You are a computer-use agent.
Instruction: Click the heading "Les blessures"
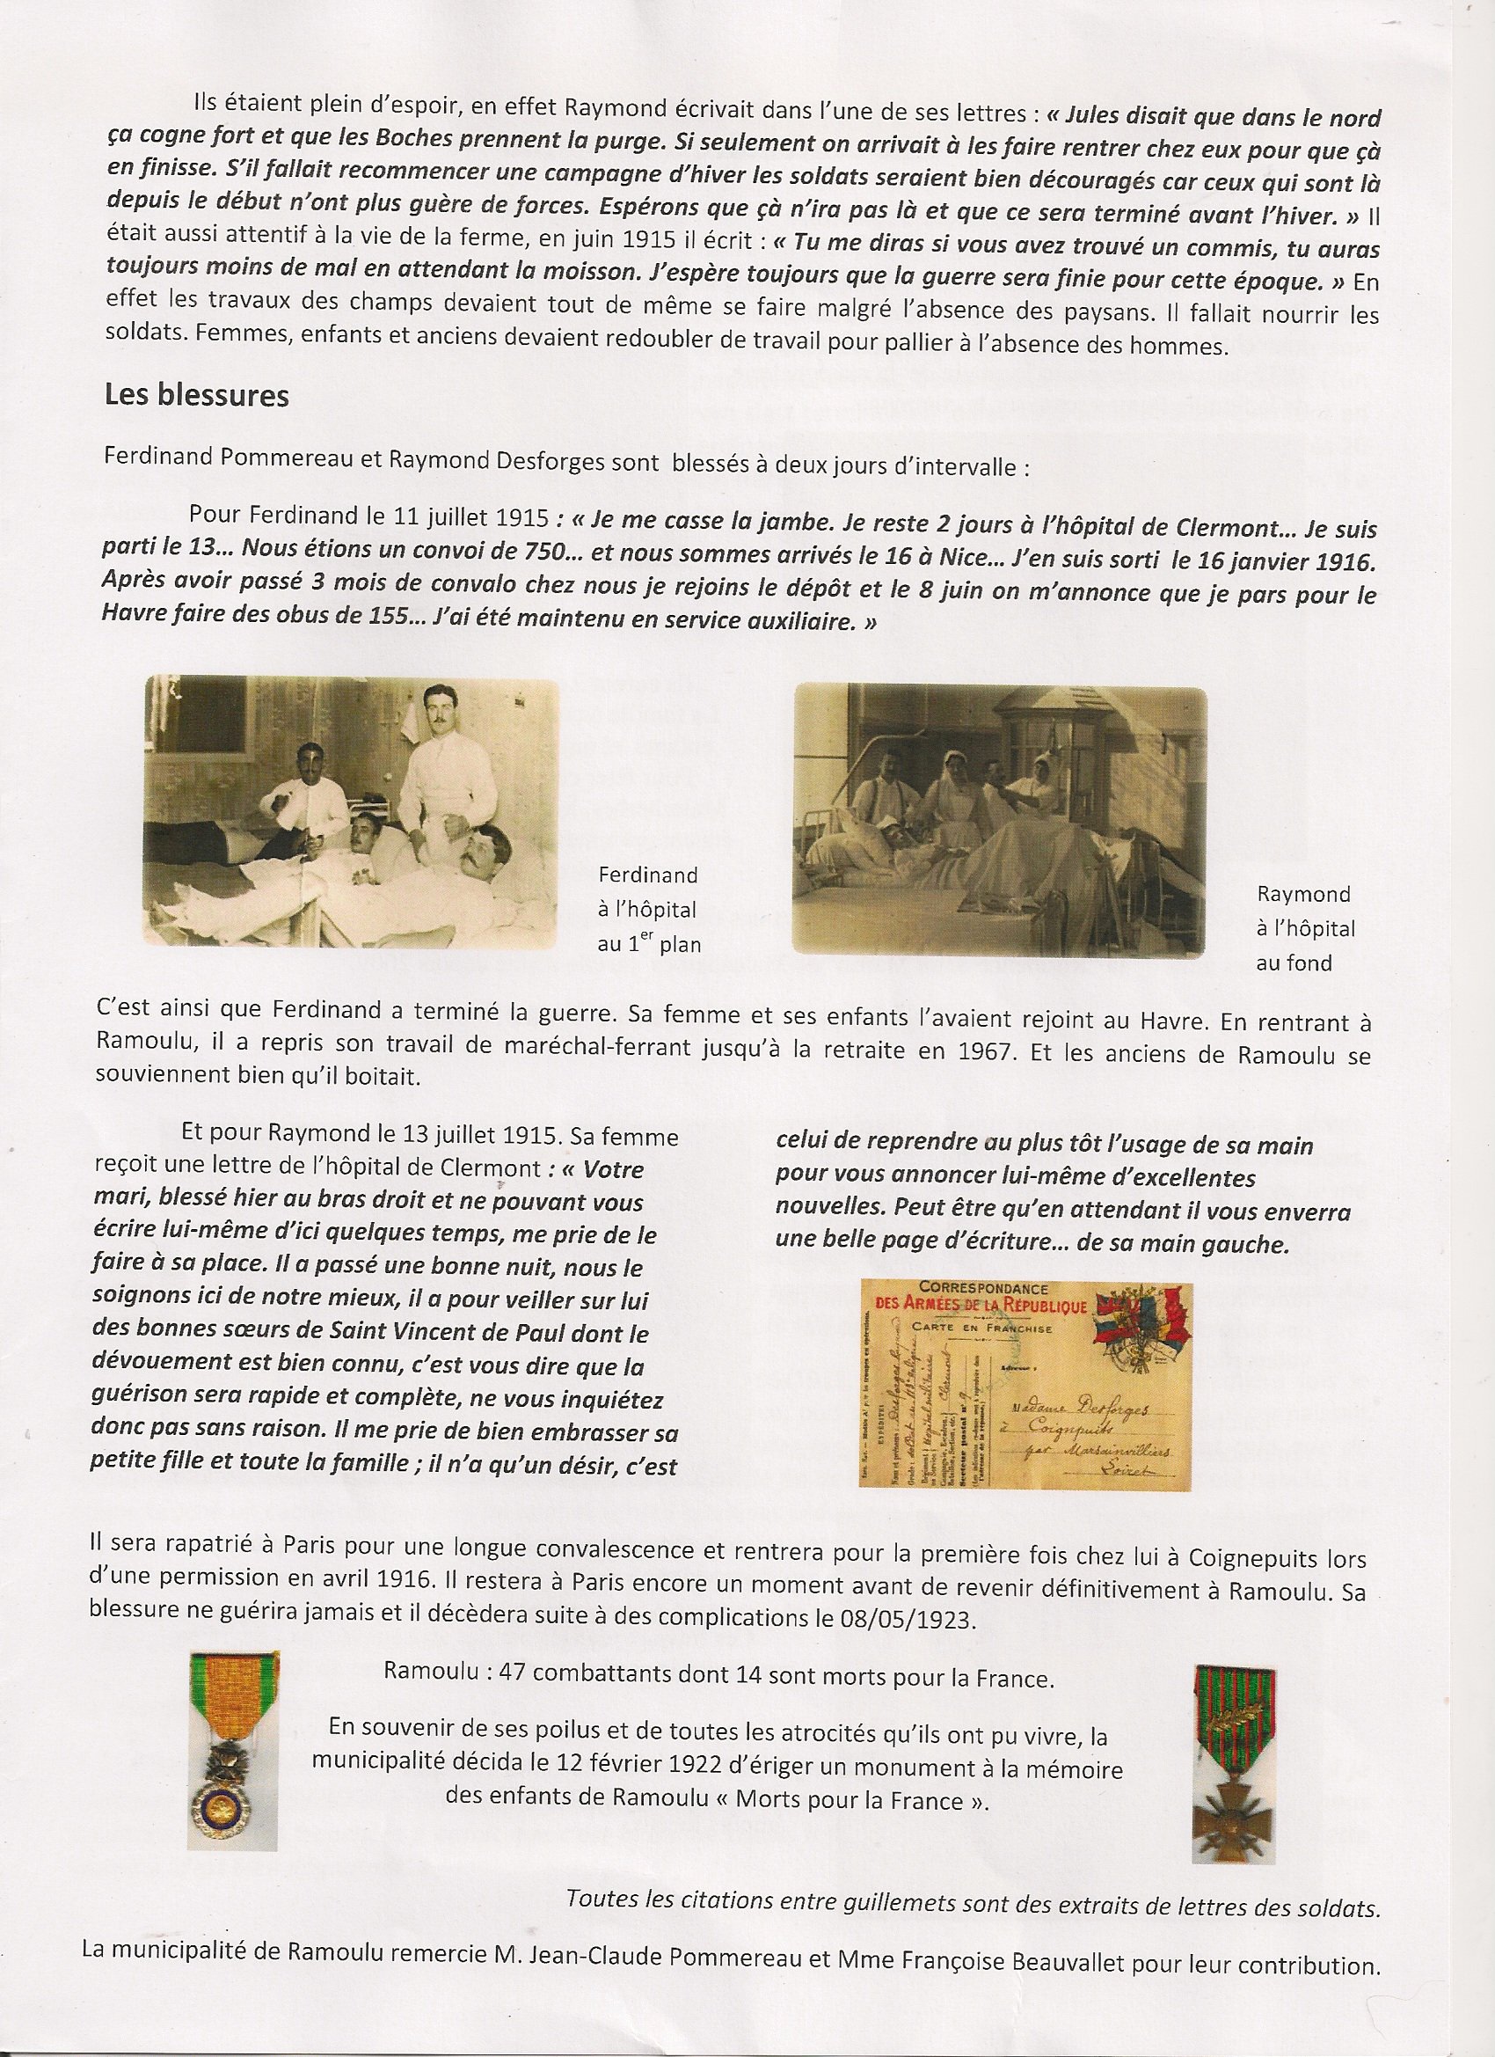click(196, 396)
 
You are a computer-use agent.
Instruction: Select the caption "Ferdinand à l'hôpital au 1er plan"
click(648, 910)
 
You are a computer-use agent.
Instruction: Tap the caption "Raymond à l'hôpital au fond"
click(1306, 929)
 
